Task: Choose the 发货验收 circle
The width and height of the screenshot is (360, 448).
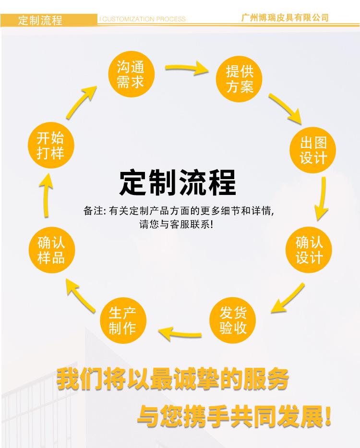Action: [x=233, y=321]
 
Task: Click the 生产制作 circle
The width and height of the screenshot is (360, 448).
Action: [x=122, y=320]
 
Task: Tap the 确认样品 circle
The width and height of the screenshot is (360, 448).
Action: [x=51, y=249]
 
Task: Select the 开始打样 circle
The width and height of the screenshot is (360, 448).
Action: [x=50, y=146]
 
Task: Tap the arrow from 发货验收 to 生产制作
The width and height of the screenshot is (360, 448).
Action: [x=180, y=332]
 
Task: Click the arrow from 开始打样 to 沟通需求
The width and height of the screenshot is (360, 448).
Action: [x=82, y=101]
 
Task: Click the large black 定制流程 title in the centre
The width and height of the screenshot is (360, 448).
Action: [x=177, y=183]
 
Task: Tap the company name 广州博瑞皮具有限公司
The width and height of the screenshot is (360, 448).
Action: [x=285, y=18]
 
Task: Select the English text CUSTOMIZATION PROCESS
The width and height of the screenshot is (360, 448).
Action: [x=143, y=19]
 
